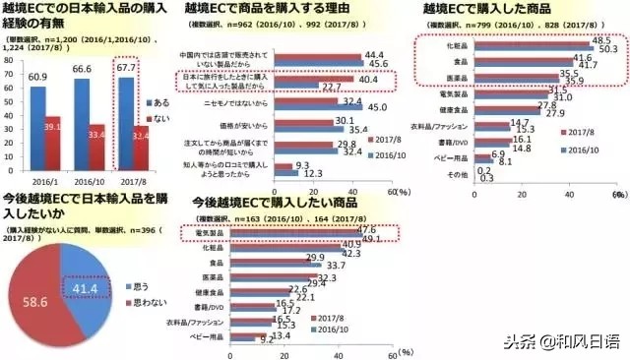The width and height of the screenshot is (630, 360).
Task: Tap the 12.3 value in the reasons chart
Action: point(315,172)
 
